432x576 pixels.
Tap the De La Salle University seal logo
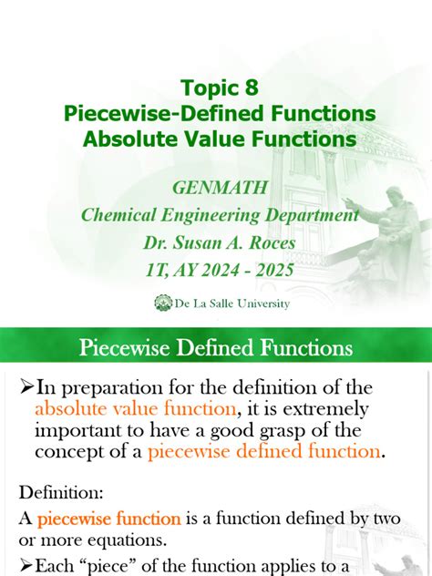[164, 302]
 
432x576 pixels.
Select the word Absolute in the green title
[127, 140]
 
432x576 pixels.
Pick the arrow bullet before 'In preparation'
[26, 388]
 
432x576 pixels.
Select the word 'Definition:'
[61, 493]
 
